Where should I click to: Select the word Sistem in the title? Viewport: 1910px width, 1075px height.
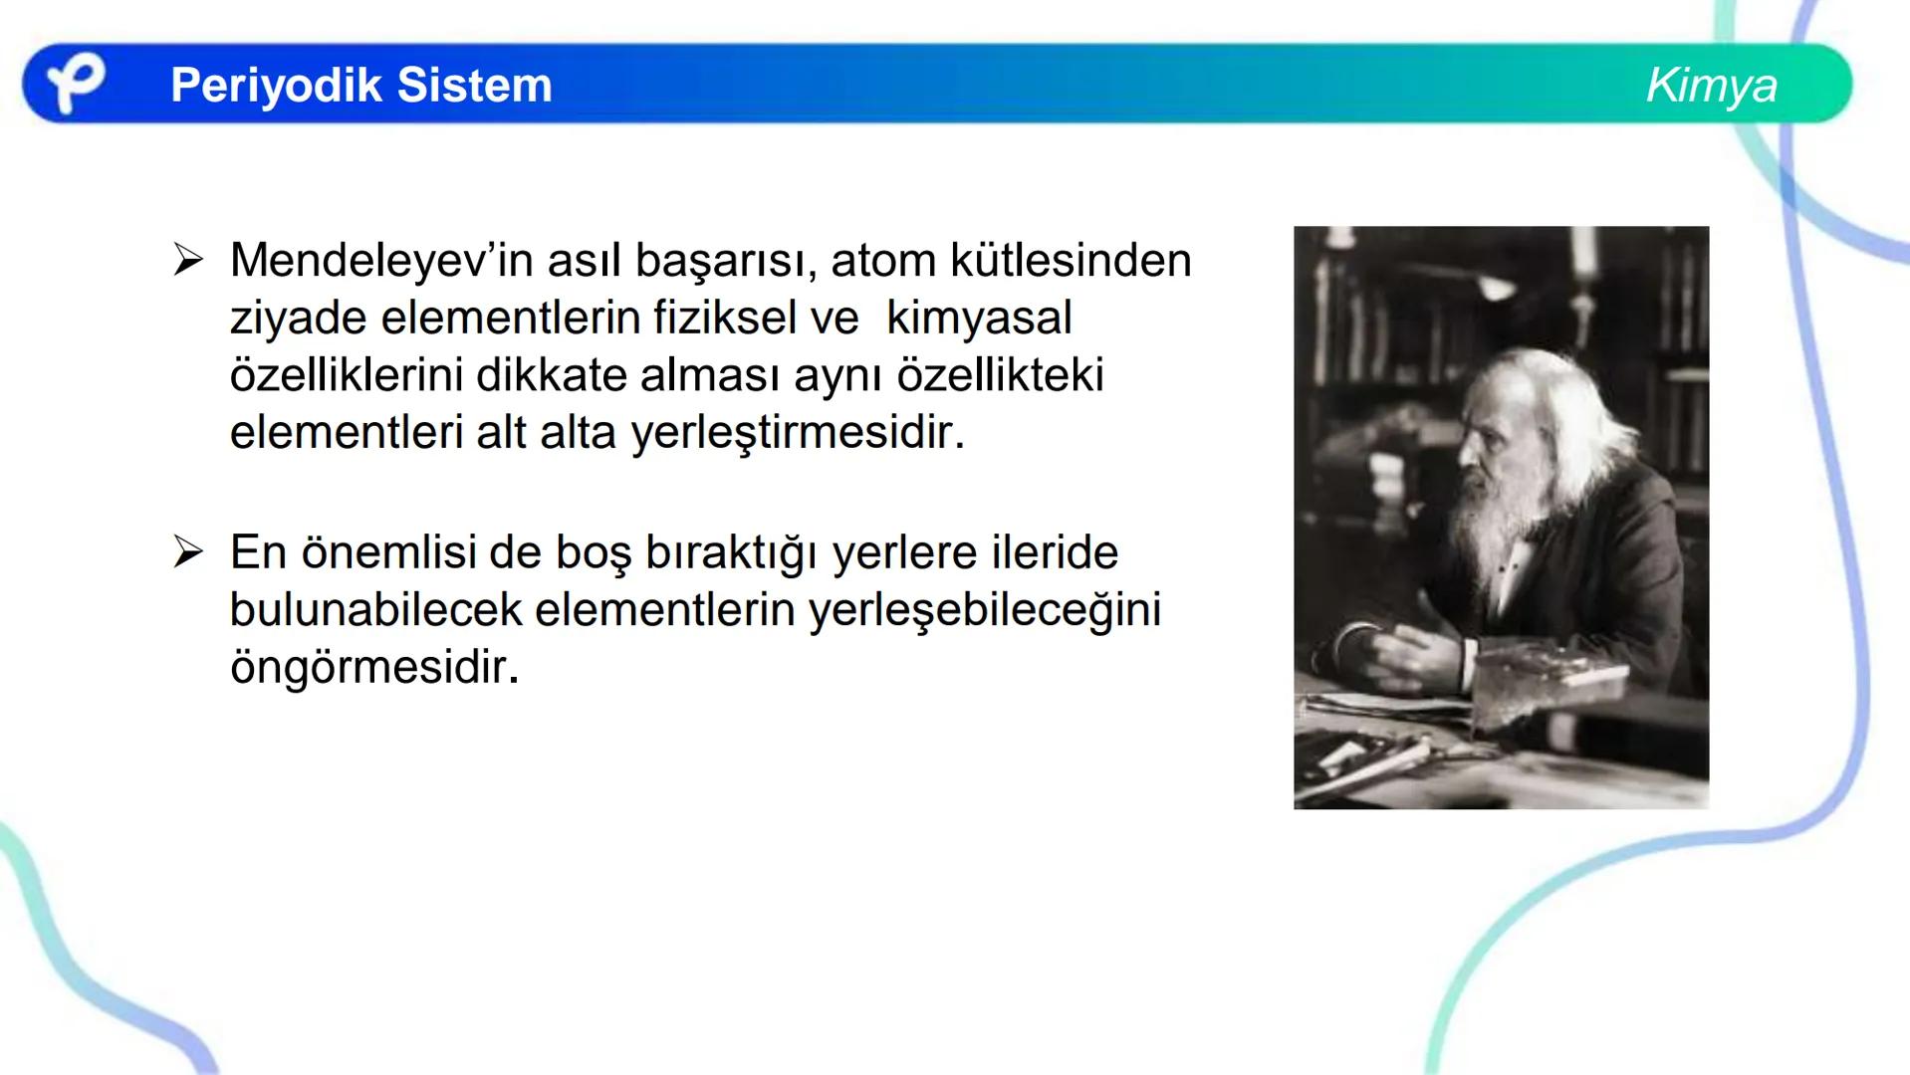pyautogui.click(x=474, y=86)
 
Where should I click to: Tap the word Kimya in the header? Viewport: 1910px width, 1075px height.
pyautogui.click(x=1711, y=86)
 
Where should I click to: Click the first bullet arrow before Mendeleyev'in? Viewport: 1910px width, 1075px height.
pyautogui.click(x=187, y=261)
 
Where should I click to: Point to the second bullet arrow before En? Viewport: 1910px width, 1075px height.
pyautogui.click(x=187, y=552)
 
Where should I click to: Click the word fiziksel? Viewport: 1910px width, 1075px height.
pyautogui.click(x=725, y=319)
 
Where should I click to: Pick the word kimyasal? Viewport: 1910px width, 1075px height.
pyautogui.click(x=978, y=319)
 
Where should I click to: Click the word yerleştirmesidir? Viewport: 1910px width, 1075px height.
pyautogui.click(x=798, y=434)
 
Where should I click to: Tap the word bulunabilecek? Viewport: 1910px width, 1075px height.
pyautogui.click(x=374, y=610)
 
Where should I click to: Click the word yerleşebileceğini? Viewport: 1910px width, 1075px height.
pyautogui.click(x=984, y=610)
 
